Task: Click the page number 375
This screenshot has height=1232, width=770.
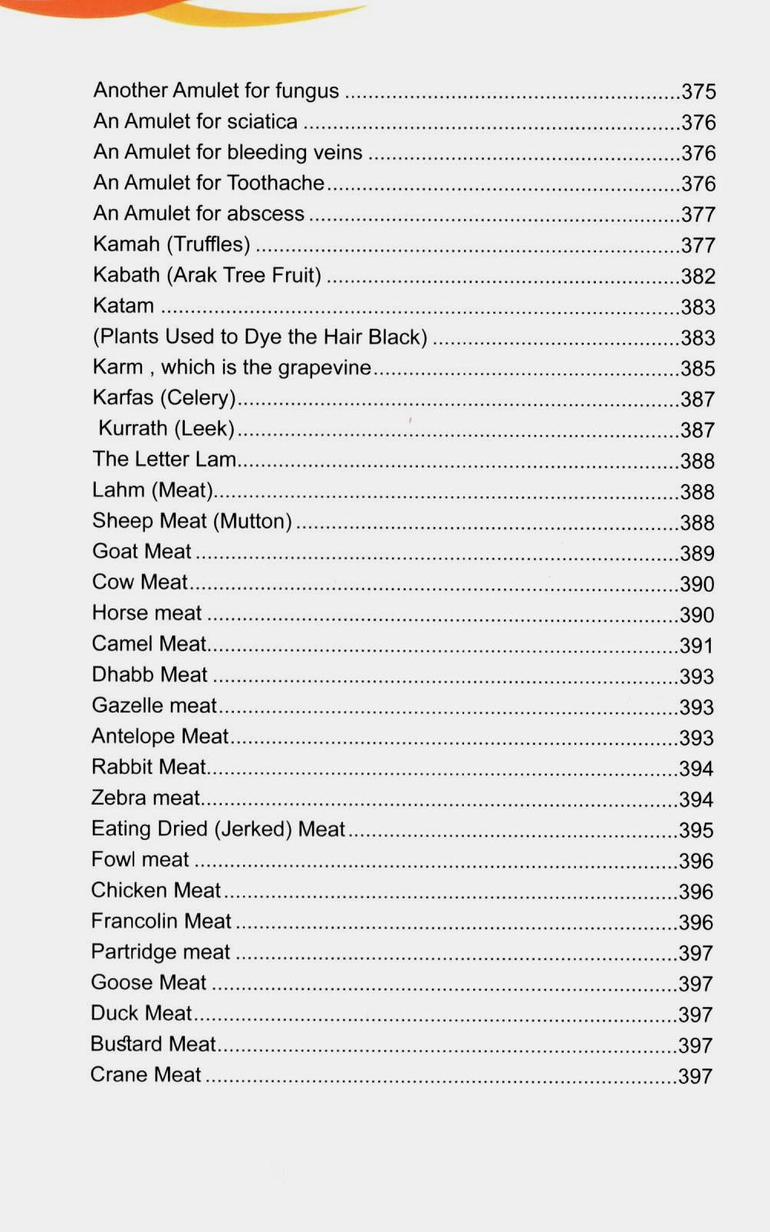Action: (x=698, y=91)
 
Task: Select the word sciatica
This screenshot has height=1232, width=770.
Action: (x=262, y=121)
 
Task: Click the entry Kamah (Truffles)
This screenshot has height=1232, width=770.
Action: (x=172, y=244)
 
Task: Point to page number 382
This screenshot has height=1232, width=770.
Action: (x=698, y=276)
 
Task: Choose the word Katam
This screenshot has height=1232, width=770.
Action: (x=123, y=305)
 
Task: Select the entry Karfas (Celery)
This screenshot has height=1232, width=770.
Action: (x=164, y=397)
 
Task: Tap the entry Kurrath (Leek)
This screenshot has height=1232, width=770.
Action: (x=166, y=428)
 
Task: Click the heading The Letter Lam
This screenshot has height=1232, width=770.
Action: (x=164, y=459)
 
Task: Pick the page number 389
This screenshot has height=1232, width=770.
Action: (x=697, y=553)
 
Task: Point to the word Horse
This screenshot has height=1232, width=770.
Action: (x=120, y=613)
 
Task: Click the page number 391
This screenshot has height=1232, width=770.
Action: (x=696, y=646)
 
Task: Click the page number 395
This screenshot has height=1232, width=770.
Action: (x=696, y=830)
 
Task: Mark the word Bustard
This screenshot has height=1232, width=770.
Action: (x=127, y=1044)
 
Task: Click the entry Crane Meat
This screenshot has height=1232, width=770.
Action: (x=146, y=1075)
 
